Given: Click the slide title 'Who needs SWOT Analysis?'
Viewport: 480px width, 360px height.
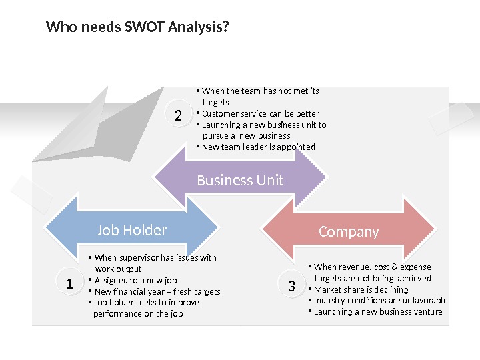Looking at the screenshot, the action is pos(137,27).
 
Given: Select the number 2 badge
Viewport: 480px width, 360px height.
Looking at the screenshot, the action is pos(178,116).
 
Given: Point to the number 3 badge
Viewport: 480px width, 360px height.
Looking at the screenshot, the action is pos(291,287).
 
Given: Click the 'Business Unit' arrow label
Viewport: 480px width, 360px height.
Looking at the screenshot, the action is pos(240,180).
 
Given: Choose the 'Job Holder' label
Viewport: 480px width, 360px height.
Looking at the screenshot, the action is pos(132,230).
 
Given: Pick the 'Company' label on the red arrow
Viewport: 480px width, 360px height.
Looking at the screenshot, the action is pos(349,231).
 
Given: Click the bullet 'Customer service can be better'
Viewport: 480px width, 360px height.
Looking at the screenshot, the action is pos(260,113).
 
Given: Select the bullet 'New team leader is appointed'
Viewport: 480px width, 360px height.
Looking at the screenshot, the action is pos(258,147).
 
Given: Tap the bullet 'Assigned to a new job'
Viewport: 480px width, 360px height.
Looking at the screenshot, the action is pos(135,280).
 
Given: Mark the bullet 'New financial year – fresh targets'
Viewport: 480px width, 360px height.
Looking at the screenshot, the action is pos(157,291).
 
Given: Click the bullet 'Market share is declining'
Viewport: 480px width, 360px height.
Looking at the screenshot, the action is pos(361,289).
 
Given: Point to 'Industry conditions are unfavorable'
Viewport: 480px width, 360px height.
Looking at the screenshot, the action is pos(380,300).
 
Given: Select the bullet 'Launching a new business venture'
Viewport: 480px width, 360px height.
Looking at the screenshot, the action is pos(378,311).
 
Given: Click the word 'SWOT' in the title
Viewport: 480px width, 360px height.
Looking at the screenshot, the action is pos(145,27).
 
